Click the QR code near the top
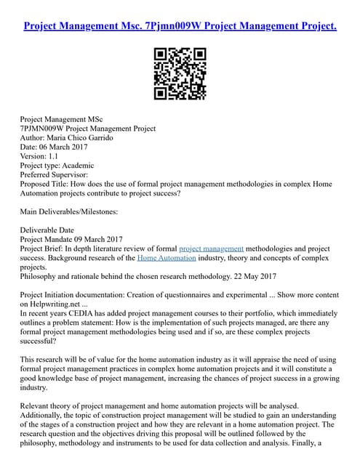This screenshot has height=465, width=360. click(x=180, y=74)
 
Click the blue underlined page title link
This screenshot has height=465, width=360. click(x=180, y=27)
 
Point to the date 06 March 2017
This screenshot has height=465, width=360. click(x=65, y=147)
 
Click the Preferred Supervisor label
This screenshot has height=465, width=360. click(x=53, y=175)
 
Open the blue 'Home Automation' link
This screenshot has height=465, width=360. click(x=167, y=258)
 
